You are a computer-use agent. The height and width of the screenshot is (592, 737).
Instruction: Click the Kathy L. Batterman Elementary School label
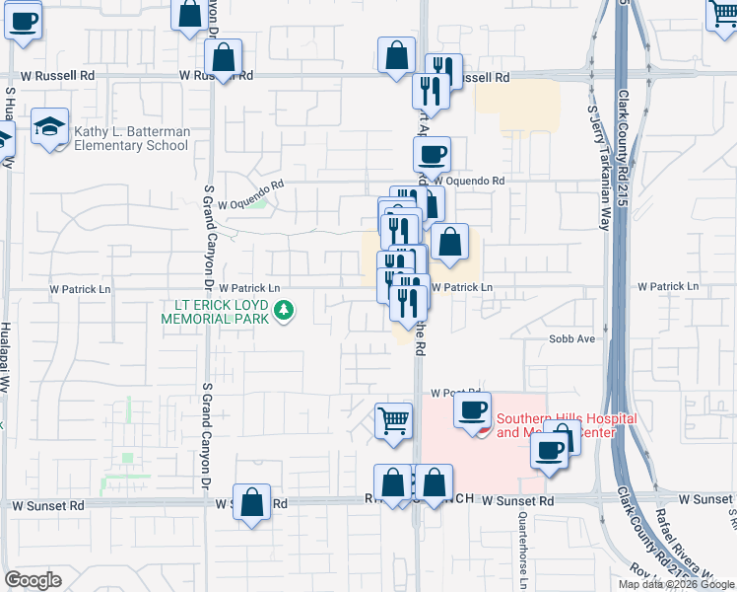[x=130, y=138]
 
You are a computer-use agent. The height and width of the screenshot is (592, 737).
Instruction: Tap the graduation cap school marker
[x=49, y=127]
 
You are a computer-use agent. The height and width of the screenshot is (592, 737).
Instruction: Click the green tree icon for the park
[x=285, y=311]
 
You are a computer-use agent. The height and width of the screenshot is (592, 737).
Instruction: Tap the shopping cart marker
[x=394, y=420]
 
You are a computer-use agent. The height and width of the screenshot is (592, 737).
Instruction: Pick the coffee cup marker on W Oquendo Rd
[x=432, y=154]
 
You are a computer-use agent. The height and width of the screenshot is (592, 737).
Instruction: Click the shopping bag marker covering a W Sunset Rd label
[x=252, y=500]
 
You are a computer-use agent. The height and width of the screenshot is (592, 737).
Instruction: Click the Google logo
[x=33, y=580]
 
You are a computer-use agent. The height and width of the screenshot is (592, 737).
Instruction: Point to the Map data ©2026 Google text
[x=675, y=584]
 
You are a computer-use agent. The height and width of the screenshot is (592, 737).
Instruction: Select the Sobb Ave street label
[x=572, y=338]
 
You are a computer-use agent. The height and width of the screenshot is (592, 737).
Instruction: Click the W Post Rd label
[x=455, y=392]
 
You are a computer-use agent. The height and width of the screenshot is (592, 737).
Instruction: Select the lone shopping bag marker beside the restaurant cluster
[x=449, y=242]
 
